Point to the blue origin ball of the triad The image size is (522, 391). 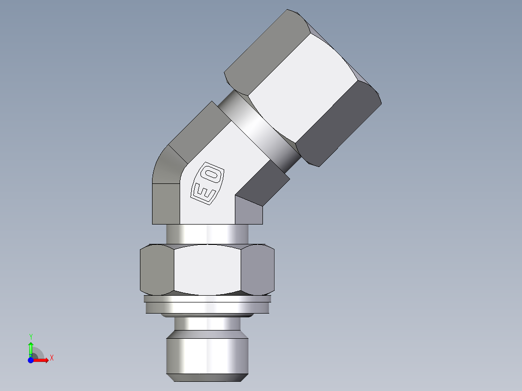pos(31,360)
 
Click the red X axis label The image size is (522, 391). pos(51,358)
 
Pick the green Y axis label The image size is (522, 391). pos(31,336)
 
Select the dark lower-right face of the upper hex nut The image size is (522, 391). pos(339,126)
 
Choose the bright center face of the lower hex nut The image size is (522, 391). pos(207,270)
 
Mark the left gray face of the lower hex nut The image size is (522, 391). pos(156,270)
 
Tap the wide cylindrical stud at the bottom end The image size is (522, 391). pos(207,356)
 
